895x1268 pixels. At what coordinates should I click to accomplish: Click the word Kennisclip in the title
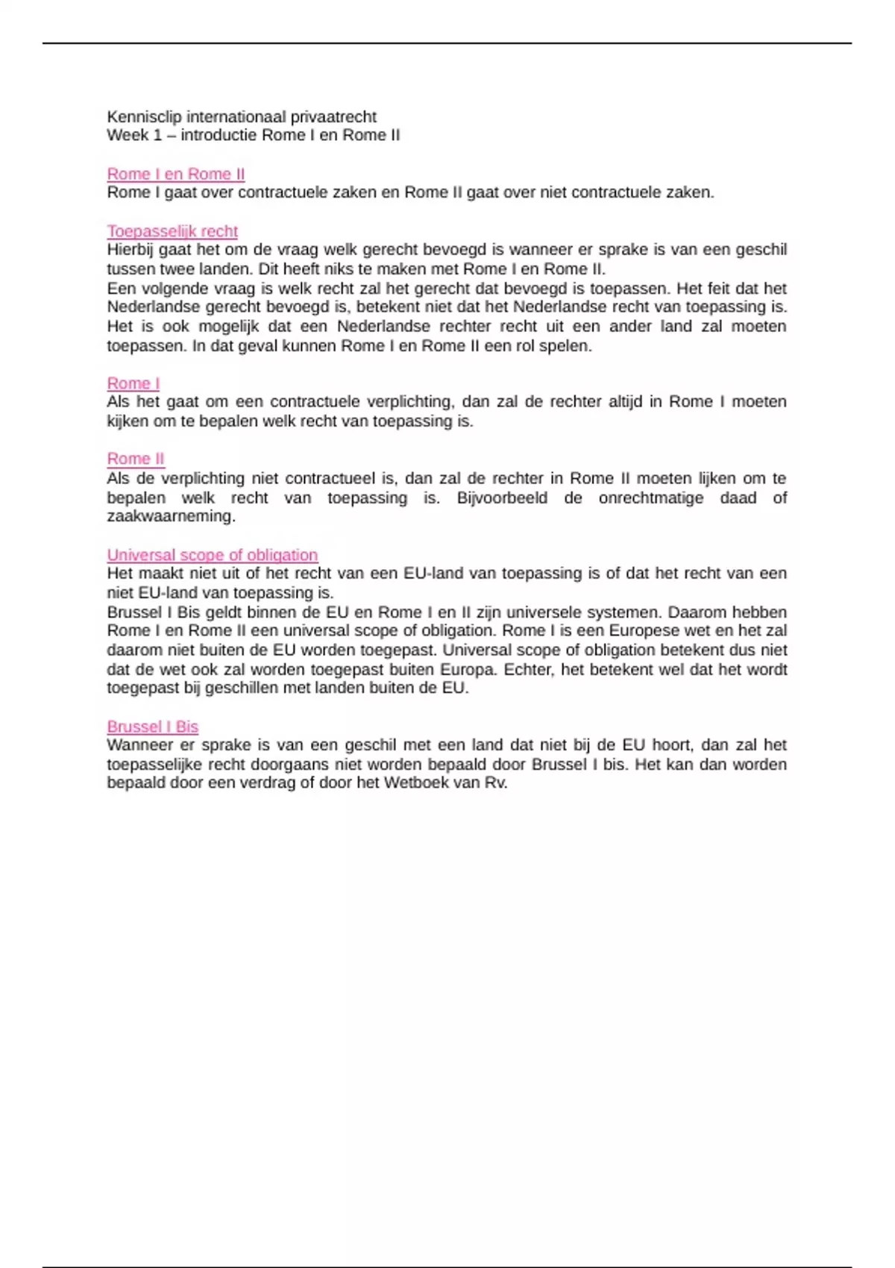coord(145,117)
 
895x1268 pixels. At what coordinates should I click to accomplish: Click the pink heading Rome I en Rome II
coord(175,175)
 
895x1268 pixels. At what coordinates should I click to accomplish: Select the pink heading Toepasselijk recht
coord(172,232)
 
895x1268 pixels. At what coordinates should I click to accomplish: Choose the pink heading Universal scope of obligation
coord(212,556)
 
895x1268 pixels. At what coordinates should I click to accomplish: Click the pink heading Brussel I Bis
coord(152,727)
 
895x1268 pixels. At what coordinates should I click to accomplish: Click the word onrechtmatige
coord(650,498)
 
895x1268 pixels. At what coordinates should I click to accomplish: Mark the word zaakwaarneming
coord(171,517)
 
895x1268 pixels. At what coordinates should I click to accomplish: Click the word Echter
coord(528,670)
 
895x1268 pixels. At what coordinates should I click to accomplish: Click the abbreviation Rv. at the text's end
coord(496,783)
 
